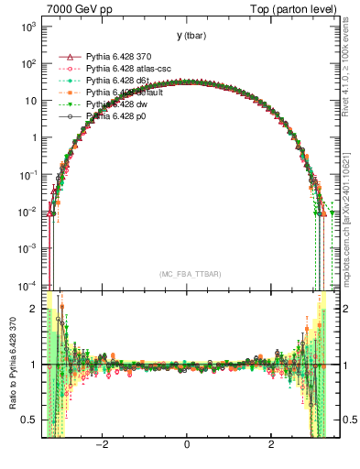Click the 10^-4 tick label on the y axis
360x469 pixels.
(27, 285)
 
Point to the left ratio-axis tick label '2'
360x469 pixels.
(34, 309)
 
